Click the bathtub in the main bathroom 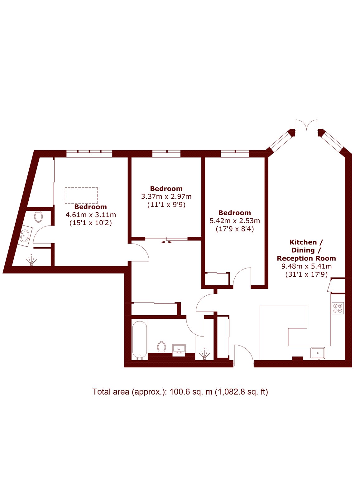pos(140,340)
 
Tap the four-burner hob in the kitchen pos(338,308)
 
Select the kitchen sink pos(318,353)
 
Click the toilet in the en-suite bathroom pos(39,216)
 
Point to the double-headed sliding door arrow pos(166,242)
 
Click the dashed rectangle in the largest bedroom pos(81,195)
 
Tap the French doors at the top pos(307,127)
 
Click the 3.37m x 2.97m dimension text pos(166,196)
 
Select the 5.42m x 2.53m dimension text pos(235,220)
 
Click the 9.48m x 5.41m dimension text pos(307,266)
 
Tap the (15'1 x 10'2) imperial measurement pos(91,223)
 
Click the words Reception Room pos(306,258)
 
